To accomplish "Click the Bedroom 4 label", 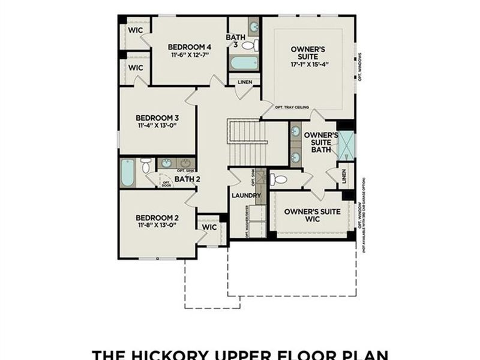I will pos(190,47).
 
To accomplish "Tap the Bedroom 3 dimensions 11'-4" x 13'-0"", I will pos(157,127).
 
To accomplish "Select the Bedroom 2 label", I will pos(157,217).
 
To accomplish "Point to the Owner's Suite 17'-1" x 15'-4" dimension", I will pos(308,63).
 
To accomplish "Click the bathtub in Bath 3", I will pos(244,62).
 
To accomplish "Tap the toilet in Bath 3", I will pos(249,45).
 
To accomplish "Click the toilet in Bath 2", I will pos(146,165).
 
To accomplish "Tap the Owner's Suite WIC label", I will pos(312,215).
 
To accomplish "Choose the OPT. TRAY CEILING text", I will pos(292,107).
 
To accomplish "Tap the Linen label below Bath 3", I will pos(245,82).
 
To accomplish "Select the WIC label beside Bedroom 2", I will pos(209,227).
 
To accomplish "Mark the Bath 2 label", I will pos(187,178).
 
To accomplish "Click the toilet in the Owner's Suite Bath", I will pos(281,179).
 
